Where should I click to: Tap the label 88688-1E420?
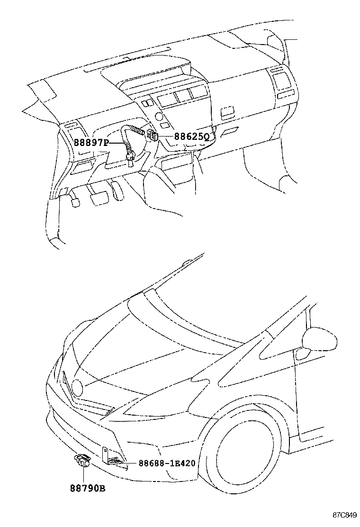tap(167, 463)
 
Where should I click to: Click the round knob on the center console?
tap(159, 117)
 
